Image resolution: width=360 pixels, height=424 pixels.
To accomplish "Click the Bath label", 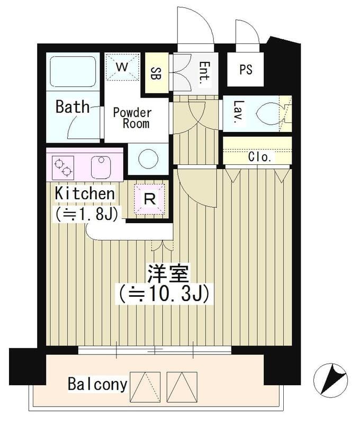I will [73, 107].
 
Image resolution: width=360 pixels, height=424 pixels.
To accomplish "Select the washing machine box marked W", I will [122, 67].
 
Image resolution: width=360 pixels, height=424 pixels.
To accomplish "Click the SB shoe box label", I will [156, 74].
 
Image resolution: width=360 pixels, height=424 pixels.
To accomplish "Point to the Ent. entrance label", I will [204, 74].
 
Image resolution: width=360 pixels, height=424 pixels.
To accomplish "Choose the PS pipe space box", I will [245, 69].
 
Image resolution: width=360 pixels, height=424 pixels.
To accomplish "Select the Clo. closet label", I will [260, 157].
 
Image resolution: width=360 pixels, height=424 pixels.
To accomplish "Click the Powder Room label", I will [132, 118].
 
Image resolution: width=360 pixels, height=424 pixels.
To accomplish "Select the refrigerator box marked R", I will [150, 200].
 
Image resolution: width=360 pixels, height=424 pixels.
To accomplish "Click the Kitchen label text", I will [85, 194].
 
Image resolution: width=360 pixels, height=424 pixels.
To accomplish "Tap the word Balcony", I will [97, 384].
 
